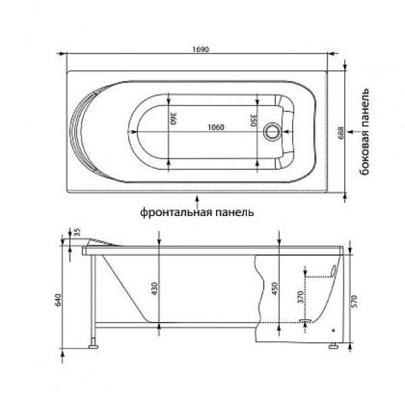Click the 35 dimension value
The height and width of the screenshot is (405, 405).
click(78, 232)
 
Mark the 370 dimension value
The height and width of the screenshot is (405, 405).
click(298, 297)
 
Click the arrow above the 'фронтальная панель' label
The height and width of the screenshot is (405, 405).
click(196, 200)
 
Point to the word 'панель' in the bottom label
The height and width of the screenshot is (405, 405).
click(234, 212)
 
